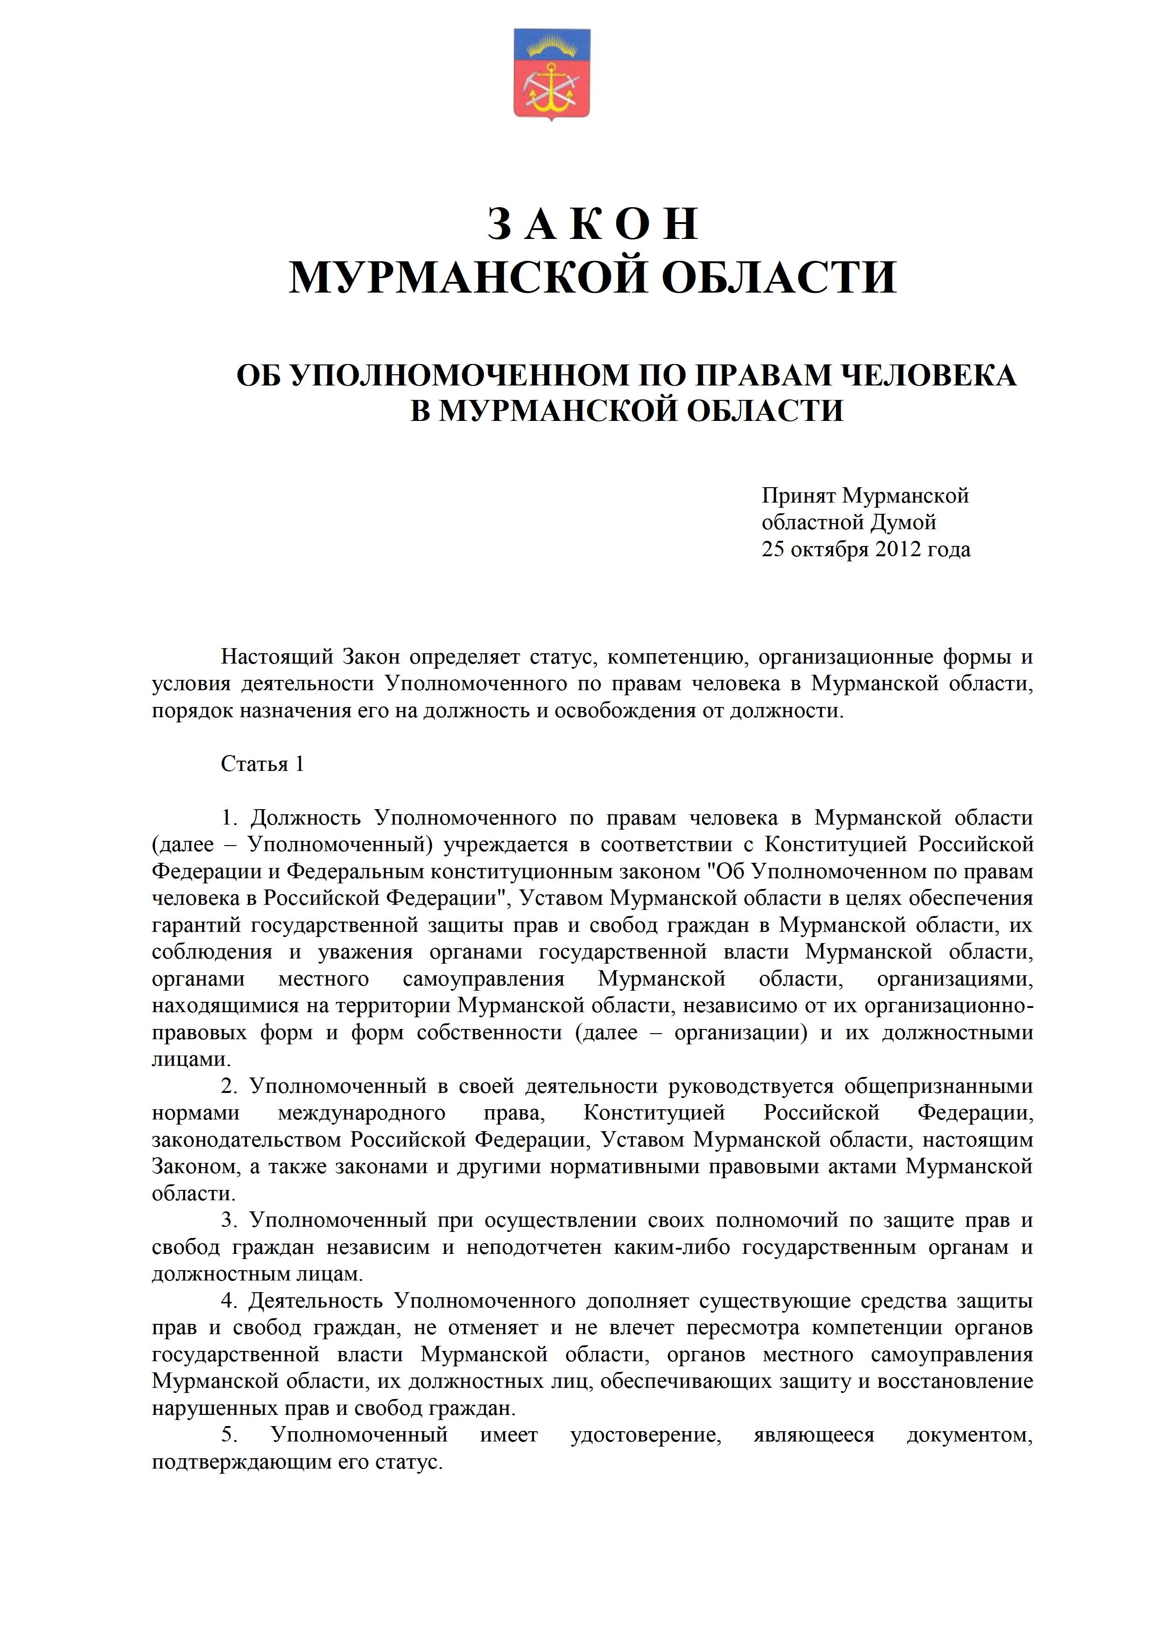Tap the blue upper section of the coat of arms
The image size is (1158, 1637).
551,44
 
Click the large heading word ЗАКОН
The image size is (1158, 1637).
593,224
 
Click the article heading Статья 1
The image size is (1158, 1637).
262,764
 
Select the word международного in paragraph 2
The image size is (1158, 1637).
362,1114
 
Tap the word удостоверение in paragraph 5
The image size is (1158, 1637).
646,1436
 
